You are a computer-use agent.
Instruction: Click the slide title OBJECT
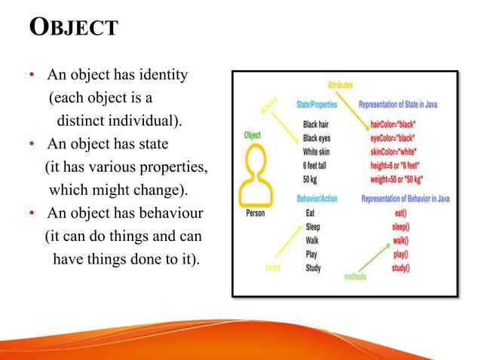tap(73, 28)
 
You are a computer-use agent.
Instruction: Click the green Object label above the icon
tap(253, 136)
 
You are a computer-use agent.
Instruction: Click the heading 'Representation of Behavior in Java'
tap(406, 200)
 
